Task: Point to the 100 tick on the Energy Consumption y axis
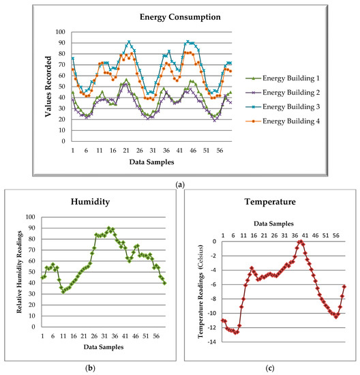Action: coord(62,32)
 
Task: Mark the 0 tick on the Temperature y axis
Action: coord(213,241)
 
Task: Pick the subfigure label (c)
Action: coord(271,368)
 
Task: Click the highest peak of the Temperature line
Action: coord(300,241)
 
